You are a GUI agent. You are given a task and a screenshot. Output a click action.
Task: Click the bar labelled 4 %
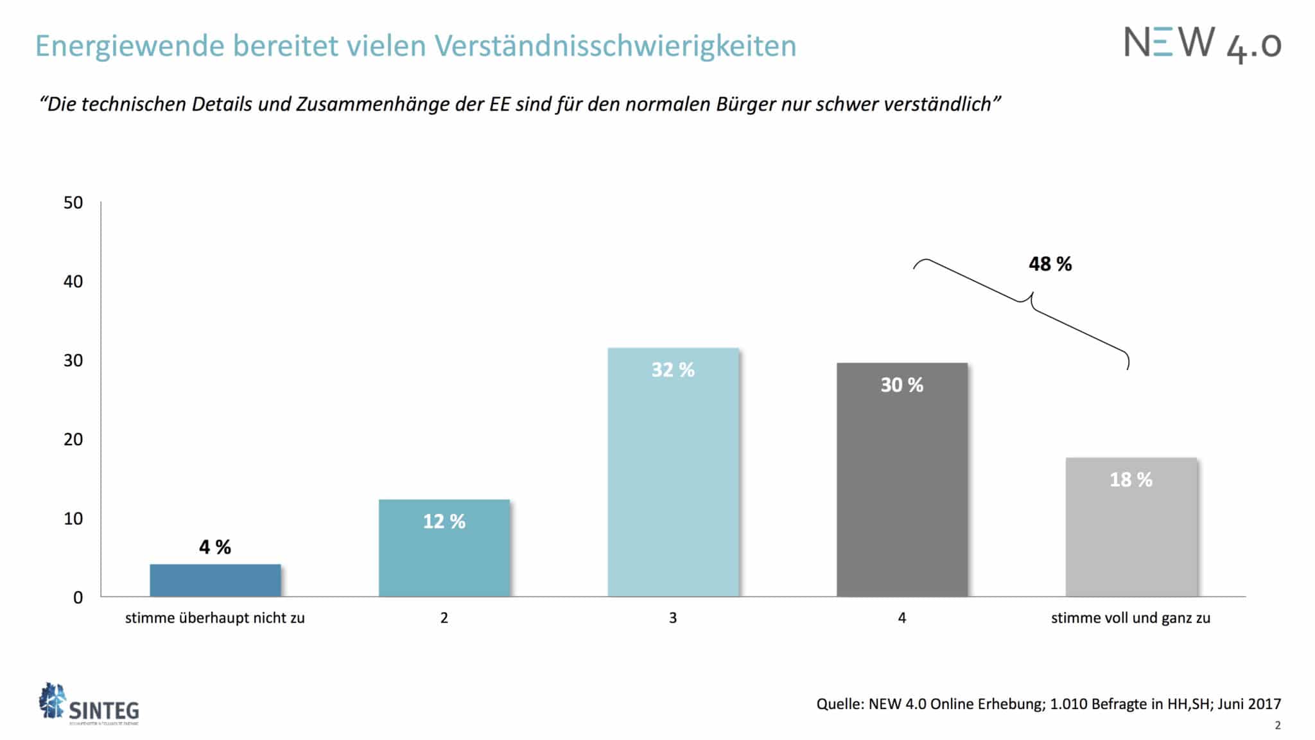coord(215,580)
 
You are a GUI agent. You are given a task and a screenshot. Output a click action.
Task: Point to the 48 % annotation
coord(1050,264)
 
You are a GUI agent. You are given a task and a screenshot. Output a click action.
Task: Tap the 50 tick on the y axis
coord(73,203)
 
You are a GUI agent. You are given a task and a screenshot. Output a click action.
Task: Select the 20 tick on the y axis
coord(73,439)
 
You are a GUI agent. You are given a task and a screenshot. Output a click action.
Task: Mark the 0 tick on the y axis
coord(78,597)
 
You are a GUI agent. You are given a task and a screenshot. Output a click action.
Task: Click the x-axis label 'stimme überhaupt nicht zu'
coord(214,618)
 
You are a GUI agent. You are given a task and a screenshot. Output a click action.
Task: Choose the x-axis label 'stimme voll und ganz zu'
coord(1130,618)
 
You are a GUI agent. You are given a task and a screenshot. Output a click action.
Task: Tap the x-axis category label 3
coord(673,618)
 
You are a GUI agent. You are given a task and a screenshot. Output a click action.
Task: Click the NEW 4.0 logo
coord(1202,44)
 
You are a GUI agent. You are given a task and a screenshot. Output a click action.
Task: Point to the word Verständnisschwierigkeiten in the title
coord(615,46)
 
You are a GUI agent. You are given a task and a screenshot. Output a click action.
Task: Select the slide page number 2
coord(1278,725)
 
